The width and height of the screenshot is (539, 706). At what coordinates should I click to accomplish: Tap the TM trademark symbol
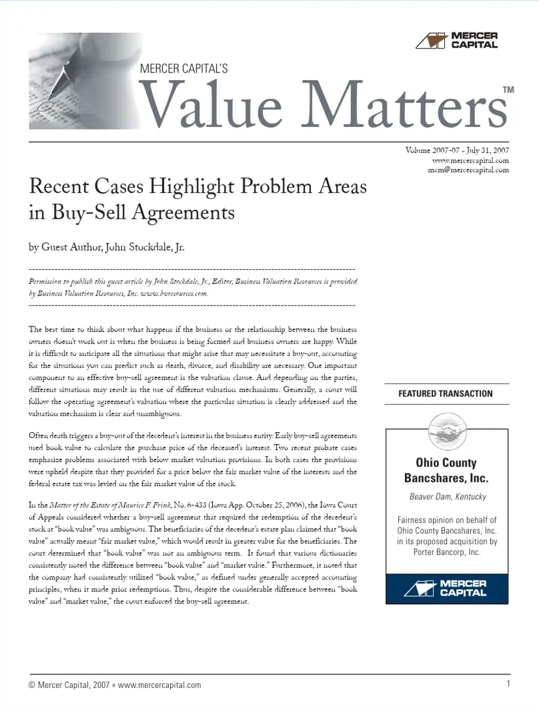click(x=508, y=90)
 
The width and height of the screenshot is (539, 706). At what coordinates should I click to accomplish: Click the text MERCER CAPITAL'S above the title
click(x=183, y=70)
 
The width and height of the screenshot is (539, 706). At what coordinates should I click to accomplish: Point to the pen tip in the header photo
click(x=43, y=107)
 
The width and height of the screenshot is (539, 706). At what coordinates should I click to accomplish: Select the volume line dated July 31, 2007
click(x=457, y=150)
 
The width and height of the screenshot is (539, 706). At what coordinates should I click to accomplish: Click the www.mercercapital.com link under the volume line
click(x=470, y=160)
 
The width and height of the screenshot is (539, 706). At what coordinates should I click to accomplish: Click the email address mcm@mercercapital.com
click(x=468, y=170)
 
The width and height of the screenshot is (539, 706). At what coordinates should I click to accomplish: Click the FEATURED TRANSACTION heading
click(x=446, y=394)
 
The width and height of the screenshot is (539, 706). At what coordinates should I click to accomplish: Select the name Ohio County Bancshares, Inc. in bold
click(x=446, y=470)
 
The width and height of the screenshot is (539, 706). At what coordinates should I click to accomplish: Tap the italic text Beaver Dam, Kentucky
click(x=447, y=496)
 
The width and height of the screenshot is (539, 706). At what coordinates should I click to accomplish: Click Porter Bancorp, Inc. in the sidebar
click(x=447, y=552)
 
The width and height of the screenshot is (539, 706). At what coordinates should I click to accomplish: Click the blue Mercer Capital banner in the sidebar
click(x=447, y=588)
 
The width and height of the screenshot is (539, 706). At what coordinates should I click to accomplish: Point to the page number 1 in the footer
click(x=508, y=684)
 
